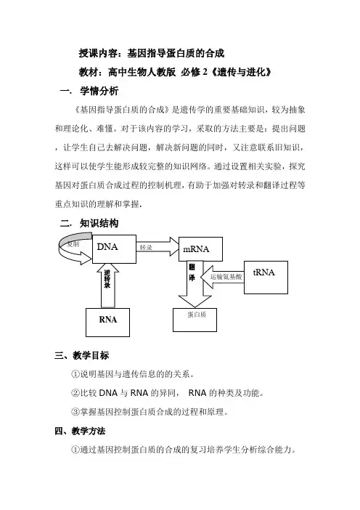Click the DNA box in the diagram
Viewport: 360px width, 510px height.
click(114, 248)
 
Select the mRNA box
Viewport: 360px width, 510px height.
click(200, 248)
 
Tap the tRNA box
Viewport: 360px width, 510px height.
click(266, 278)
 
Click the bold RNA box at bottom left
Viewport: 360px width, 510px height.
click(107, 323)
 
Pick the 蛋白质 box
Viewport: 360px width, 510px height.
click(195, 320)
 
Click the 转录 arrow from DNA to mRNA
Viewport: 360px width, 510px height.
click(157, 246)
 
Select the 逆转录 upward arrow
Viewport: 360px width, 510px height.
click(107, 284)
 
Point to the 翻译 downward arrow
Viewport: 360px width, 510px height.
click(195, 284)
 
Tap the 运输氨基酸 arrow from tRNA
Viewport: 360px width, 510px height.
click(222, 277)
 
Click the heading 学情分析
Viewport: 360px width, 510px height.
click(99, 91)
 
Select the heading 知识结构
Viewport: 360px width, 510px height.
click(99, 223)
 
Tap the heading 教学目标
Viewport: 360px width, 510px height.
click(91, 355)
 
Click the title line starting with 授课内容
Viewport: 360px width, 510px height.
click(152, 53)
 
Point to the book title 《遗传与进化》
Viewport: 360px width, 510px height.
click(241, 72)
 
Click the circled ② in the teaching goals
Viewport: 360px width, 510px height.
click(75, 393)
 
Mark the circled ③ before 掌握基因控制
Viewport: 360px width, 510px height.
click(75, 412)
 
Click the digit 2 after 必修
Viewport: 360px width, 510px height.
click(205, 72)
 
